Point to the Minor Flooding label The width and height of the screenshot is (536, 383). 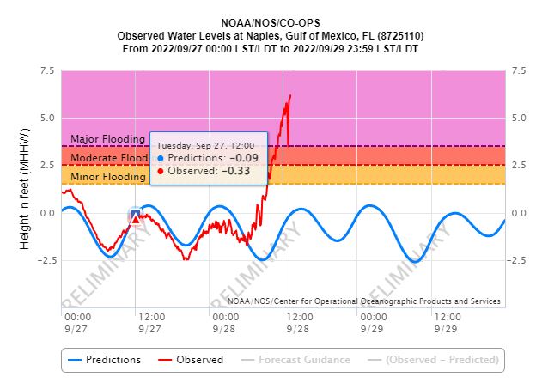pyautogui.click(x=107, y=177)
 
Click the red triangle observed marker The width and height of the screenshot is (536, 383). pyautogui.click(x=136, y=219)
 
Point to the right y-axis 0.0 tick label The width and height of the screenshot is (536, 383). pyautogui.click(x=519, y=213)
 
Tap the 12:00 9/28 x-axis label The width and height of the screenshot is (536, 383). pyautogui.click(x=298, y=323)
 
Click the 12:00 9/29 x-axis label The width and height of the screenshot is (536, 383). pyautogui.click(x=446, y=323)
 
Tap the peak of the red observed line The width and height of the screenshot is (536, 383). pyautogui.click(x=290, y=95)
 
